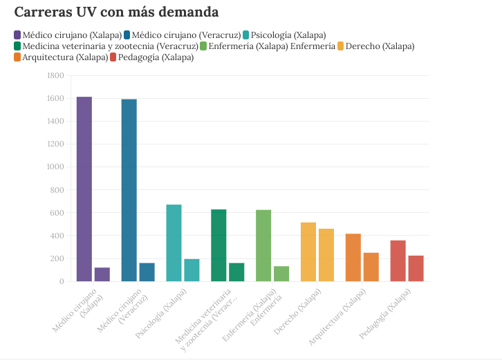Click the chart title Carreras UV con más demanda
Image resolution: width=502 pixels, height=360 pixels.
116,12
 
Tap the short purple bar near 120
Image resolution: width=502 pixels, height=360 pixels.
102,274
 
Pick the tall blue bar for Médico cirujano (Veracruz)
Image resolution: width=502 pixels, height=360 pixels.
129,190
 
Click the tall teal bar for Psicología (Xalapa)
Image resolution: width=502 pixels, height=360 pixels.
174,243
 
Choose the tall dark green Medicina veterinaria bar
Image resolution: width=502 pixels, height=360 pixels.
219,245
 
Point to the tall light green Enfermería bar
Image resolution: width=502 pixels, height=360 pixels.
263,245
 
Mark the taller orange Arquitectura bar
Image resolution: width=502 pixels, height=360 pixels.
353,257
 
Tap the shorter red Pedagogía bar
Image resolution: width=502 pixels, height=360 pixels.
416,268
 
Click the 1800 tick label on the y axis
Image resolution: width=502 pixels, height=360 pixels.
55,75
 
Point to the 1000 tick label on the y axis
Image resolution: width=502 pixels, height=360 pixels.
55,167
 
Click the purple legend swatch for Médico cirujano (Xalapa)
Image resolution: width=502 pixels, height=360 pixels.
17,35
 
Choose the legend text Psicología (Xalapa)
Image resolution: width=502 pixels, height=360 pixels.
288,35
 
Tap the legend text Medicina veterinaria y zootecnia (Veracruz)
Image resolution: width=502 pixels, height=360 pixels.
101,46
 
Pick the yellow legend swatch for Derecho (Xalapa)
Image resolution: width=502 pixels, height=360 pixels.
341,46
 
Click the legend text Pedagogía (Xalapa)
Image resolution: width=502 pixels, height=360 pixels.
156,57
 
